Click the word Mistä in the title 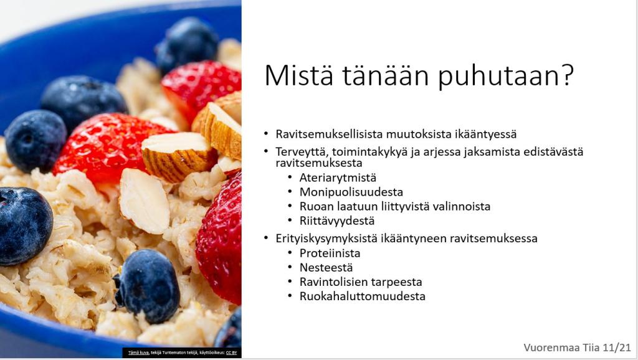(298, 75)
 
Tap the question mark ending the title (566, 74)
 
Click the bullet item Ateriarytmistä (338, 178)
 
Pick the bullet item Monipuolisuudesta (351, 192)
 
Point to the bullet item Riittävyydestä (337, 221)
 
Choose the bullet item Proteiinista (330, 253)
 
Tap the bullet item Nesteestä (326, 268)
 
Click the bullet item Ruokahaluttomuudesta (362, 296)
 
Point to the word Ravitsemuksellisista (329, 134)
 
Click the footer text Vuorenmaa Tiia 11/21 (577, 348)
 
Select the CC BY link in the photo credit (232, 353)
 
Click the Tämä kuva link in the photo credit (139, 353)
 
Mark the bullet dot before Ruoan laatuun (290, 206)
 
